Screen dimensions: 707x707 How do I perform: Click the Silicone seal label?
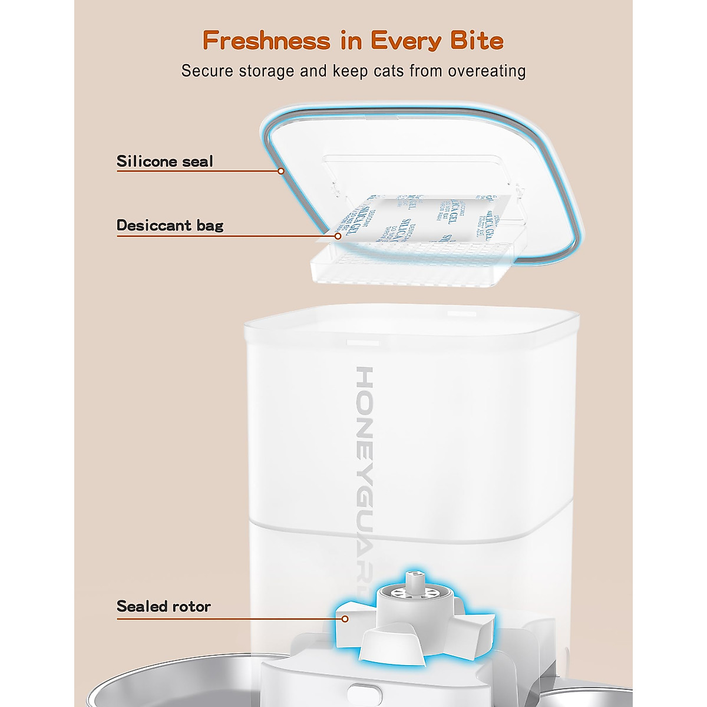point(164,161)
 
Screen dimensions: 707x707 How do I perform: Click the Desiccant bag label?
point(170,225)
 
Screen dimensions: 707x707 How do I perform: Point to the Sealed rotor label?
point(163,606)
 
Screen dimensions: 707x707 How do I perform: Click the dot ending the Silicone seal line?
point(281,171)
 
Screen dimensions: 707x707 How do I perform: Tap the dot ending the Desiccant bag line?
point(338,236)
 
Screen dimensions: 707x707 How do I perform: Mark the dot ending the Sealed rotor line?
point(346,619)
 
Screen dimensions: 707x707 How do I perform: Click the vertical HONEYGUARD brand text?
point(365,471)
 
